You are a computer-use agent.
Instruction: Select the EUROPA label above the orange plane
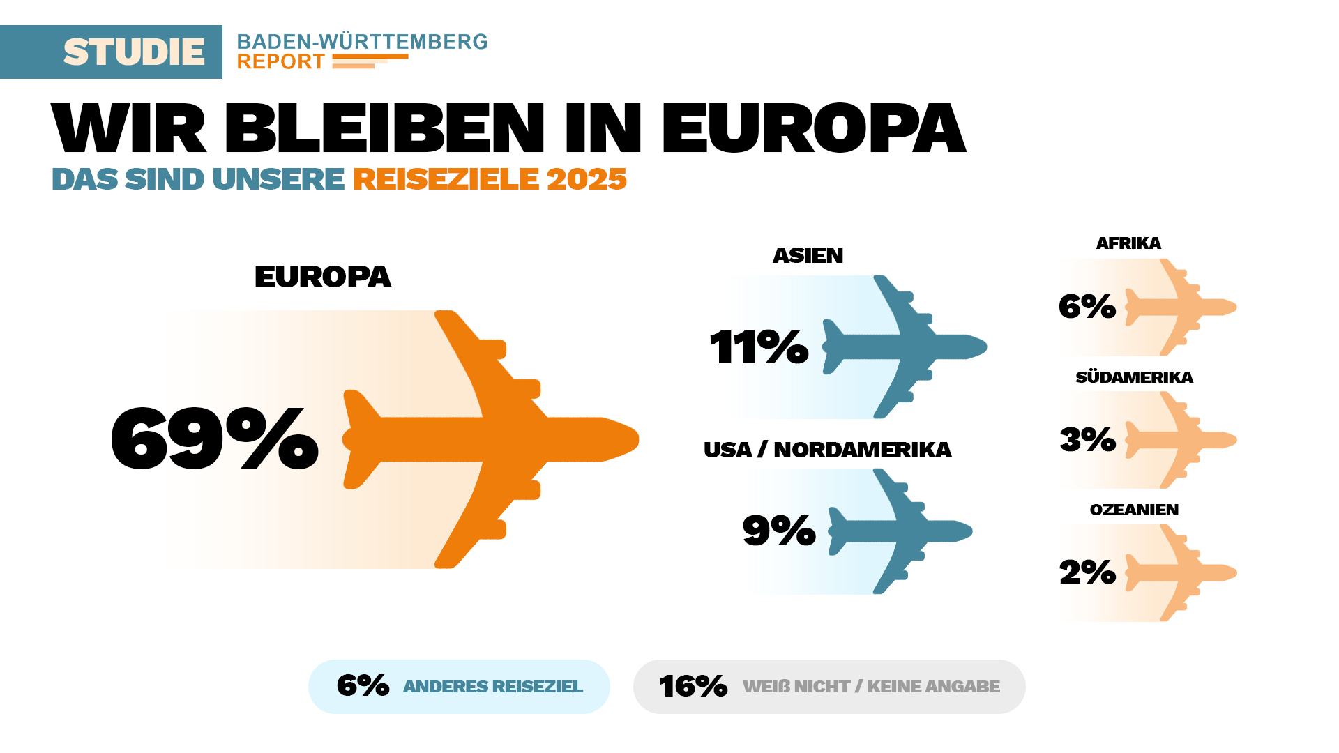pos(322,277)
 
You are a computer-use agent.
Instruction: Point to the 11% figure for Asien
pos(759,347)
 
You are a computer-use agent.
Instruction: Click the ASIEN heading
pos(808,256)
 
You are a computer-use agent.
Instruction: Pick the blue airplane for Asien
pos(907,347)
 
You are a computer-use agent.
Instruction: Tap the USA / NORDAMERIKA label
pos(827,450)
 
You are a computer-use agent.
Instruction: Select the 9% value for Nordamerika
pos(778,531)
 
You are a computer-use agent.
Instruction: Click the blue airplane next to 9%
pos(900,531)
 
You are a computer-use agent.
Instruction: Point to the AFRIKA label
pos(1128,243)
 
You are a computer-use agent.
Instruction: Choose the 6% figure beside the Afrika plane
pos(1087,307)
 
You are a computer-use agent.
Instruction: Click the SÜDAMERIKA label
pos(1134,377)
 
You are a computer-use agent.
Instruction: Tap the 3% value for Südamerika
pos(1087,440)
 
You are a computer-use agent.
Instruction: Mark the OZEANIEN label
pos(1134,510)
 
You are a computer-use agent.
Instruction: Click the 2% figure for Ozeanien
pos(1087,572)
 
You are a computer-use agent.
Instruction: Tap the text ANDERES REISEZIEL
pos(492,687)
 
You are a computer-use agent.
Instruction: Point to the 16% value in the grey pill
pos(693,686)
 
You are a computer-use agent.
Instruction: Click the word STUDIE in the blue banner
pos(134,52)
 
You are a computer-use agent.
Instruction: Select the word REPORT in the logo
pos(280,62)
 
